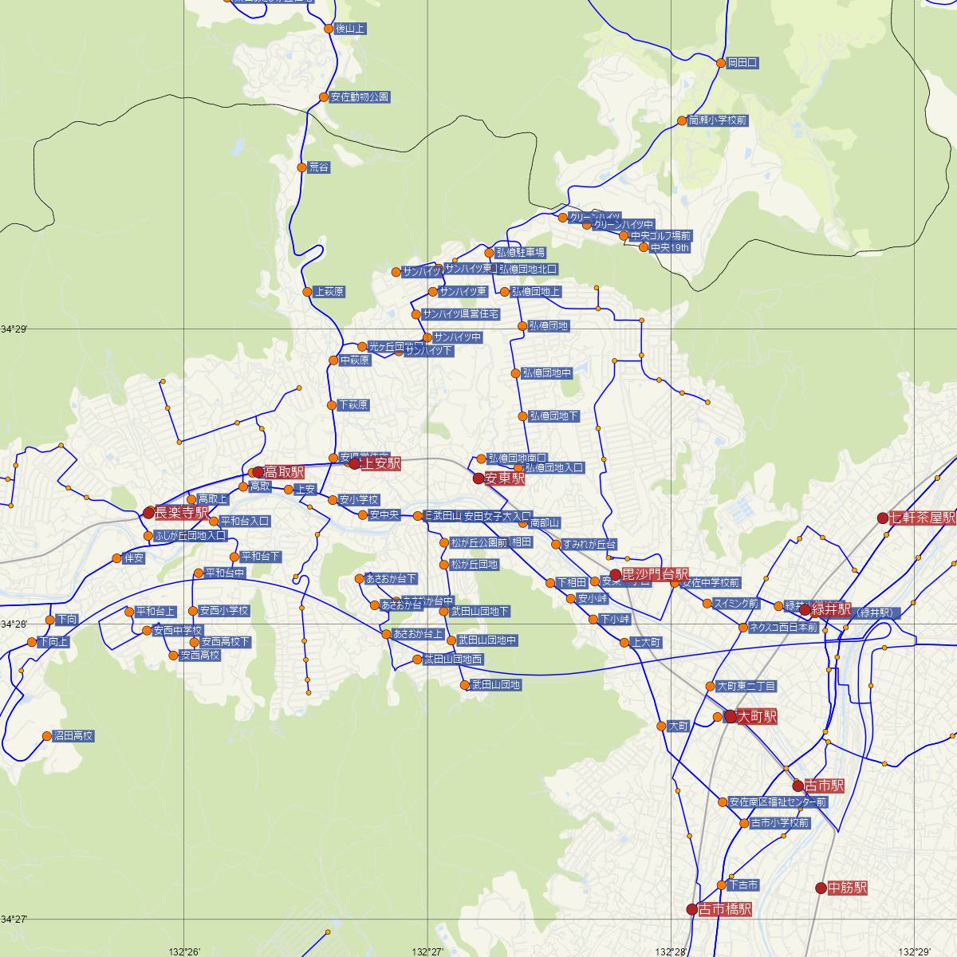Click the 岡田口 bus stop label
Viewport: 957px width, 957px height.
click(742, 62)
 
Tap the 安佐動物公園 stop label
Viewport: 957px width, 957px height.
click(360, 97)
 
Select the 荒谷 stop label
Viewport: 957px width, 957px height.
click(319, 167)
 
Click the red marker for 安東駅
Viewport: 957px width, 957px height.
click(478, 478)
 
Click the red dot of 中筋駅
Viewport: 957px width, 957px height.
click(821, 888)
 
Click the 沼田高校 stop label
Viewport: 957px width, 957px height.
click(73, 736)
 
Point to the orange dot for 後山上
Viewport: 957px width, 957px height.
click(329, 29)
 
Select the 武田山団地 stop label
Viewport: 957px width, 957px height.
click(496, 684)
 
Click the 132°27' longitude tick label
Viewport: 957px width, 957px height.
click(428, 951)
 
